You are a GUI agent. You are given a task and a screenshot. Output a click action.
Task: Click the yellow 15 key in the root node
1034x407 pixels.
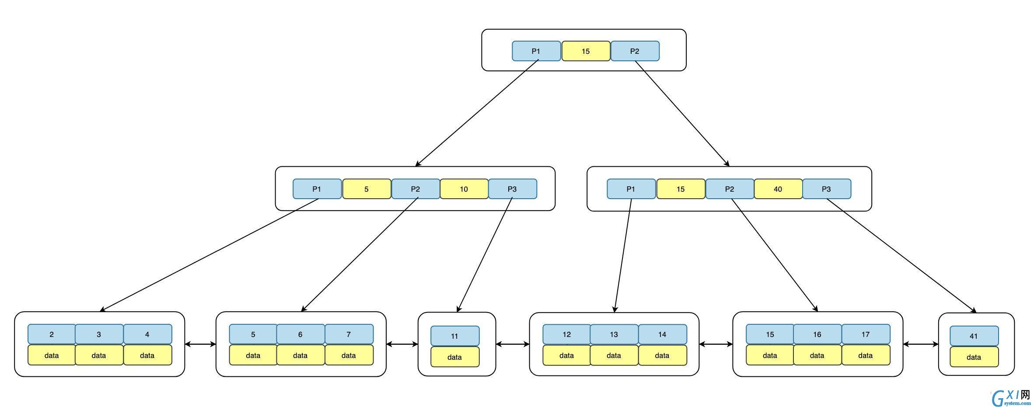pyautogui.click(x=586, y=51)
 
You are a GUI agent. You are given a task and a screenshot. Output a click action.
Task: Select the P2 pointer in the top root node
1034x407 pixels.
pyautogui.click(x=635, y=51)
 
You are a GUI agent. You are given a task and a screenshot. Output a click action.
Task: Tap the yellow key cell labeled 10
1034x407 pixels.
pyautogui.click(x=464, y=189)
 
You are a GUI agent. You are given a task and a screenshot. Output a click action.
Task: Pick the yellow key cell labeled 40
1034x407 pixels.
pyautogui.click(x=778, y=189)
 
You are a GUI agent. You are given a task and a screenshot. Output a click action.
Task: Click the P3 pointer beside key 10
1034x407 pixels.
pyautogui.click(x=512, y=189)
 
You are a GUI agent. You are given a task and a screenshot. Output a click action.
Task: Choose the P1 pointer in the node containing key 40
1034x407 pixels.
pyautogui.click(x=631, y=189)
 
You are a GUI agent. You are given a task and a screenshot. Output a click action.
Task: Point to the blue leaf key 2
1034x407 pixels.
pyautogui.click(x=52, y=334)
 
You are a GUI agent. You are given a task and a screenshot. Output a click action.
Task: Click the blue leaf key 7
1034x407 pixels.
pyautogui.click(x=349, y=334)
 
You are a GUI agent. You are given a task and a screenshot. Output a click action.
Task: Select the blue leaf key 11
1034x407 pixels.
pyautogui.click(x=454, y=336)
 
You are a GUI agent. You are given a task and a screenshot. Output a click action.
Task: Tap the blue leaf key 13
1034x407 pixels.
pyautogui.click(x=614, y=334)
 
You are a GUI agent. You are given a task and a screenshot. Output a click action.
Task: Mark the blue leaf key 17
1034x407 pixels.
pyautogui.click(x=866, y=334)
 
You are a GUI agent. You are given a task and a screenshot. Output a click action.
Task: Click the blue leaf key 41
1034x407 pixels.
pyautogui.click(x=974, y=336)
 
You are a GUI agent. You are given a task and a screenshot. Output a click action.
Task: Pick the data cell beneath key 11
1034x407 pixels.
pyautogui.click(x=454, y=357)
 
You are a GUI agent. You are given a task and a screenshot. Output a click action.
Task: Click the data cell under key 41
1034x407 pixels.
pyautogui.click(x=974, y=357)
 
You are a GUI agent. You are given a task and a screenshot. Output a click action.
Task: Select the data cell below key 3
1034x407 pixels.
pyautogui.click(x=99, y=355)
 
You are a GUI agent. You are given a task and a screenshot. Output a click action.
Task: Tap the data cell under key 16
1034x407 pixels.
pyautogui.click(x=817, y=355)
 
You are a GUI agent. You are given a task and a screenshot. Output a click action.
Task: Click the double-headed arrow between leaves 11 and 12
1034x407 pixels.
pyautogui.click(x=513, y=344)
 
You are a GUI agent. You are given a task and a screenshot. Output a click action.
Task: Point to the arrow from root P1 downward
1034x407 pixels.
pyautogui.click(x=477, y=113)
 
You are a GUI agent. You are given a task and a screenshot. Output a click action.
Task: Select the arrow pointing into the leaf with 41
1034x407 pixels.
pyautogui.click(x=902, y=256)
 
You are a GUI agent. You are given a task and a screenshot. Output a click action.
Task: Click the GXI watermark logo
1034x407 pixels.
pyautogui.click(x=1011, y=397)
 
